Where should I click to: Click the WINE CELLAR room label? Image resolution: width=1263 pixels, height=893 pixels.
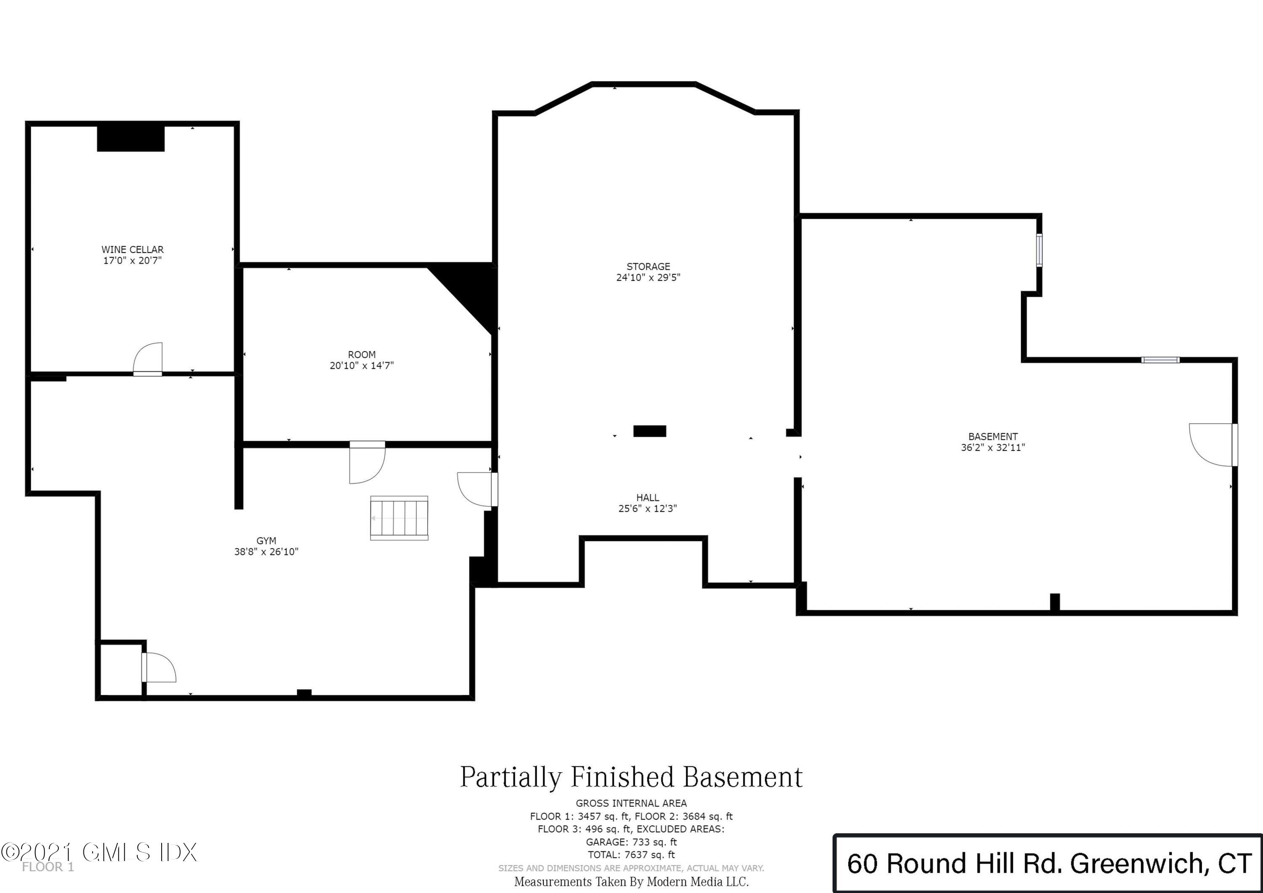pyautogui.click(x=132, y=249)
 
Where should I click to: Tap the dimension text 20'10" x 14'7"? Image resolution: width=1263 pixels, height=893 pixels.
pyautogui.click(x=361, y=365)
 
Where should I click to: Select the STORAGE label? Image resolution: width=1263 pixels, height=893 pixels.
pyautogui.click(x=648, y=267)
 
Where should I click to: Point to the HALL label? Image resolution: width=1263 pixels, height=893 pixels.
pyautogui.click(x=647, y=497)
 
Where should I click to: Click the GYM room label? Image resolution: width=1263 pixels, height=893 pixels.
pyautogui.click(x=266, y=541)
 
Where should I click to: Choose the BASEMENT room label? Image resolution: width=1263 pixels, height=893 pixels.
pyautogui.click(x=993, y=436)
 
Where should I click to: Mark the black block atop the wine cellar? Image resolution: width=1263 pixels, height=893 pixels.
pyautogui.click(x=131, y=139)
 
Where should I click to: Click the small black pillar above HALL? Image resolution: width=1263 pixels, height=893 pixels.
pyautogui.click(x=650, y=431)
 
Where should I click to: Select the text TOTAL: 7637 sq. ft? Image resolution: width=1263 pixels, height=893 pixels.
pyautogui.click(x=631, y=855)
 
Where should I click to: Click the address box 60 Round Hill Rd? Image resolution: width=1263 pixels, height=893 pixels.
pyautogui.click(x=1048, y=863)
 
